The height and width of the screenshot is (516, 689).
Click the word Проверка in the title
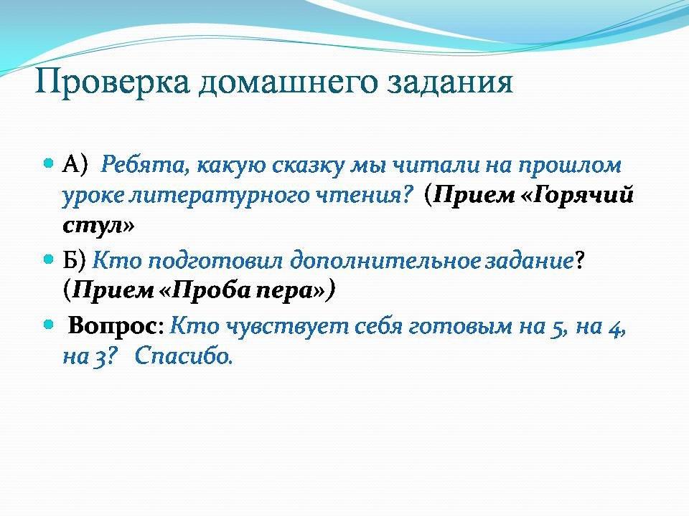coord(112,82)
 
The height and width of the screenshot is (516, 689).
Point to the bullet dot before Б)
coord(49,259)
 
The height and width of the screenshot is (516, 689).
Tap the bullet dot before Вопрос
coord(49,325)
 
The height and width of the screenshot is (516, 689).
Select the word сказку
coord(308,166)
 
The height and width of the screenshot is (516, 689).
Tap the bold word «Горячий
coord(577,195)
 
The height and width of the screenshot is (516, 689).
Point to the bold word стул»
coord(98,225)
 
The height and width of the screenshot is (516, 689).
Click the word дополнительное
coord(385,262)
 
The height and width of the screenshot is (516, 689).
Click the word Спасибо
coord(183,356)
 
